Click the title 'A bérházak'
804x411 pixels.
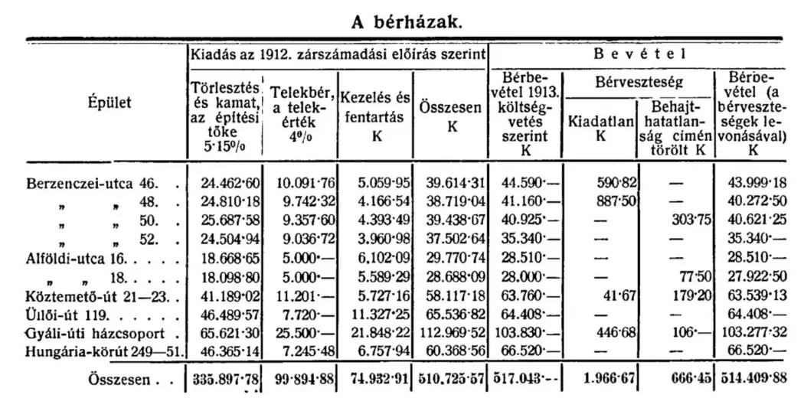click(x=407, y=21)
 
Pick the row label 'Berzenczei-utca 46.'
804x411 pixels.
click(x=91, y=184)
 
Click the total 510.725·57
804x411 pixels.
click(x=452, y=378)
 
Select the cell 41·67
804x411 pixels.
click(x=620, y=296)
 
